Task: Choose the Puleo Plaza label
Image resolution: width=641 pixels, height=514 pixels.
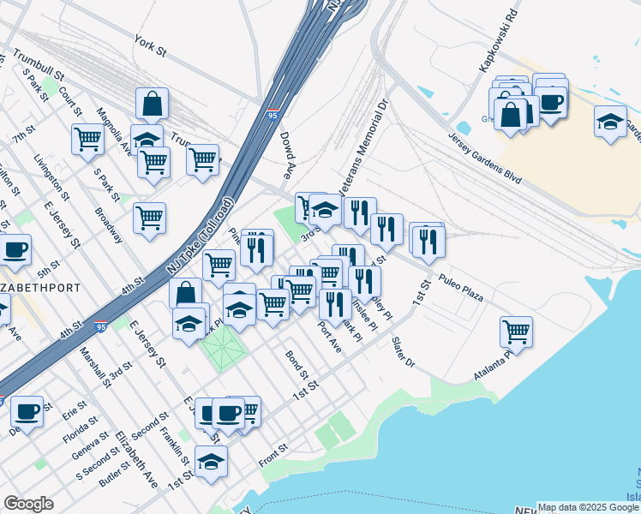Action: tap(461, 288)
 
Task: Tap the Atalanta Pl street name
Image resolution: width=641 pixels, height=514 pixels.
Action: tap(496, 367)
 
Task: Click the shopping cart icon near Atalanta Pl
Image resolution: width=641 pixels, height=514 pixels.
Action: tap(516, 332)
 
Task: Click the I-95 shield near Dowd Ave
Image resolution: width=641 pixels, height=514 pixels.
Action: tap(272, 114)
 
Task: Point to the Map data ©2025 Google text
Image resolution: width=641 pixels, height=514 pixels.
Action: tap(588, 507)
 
